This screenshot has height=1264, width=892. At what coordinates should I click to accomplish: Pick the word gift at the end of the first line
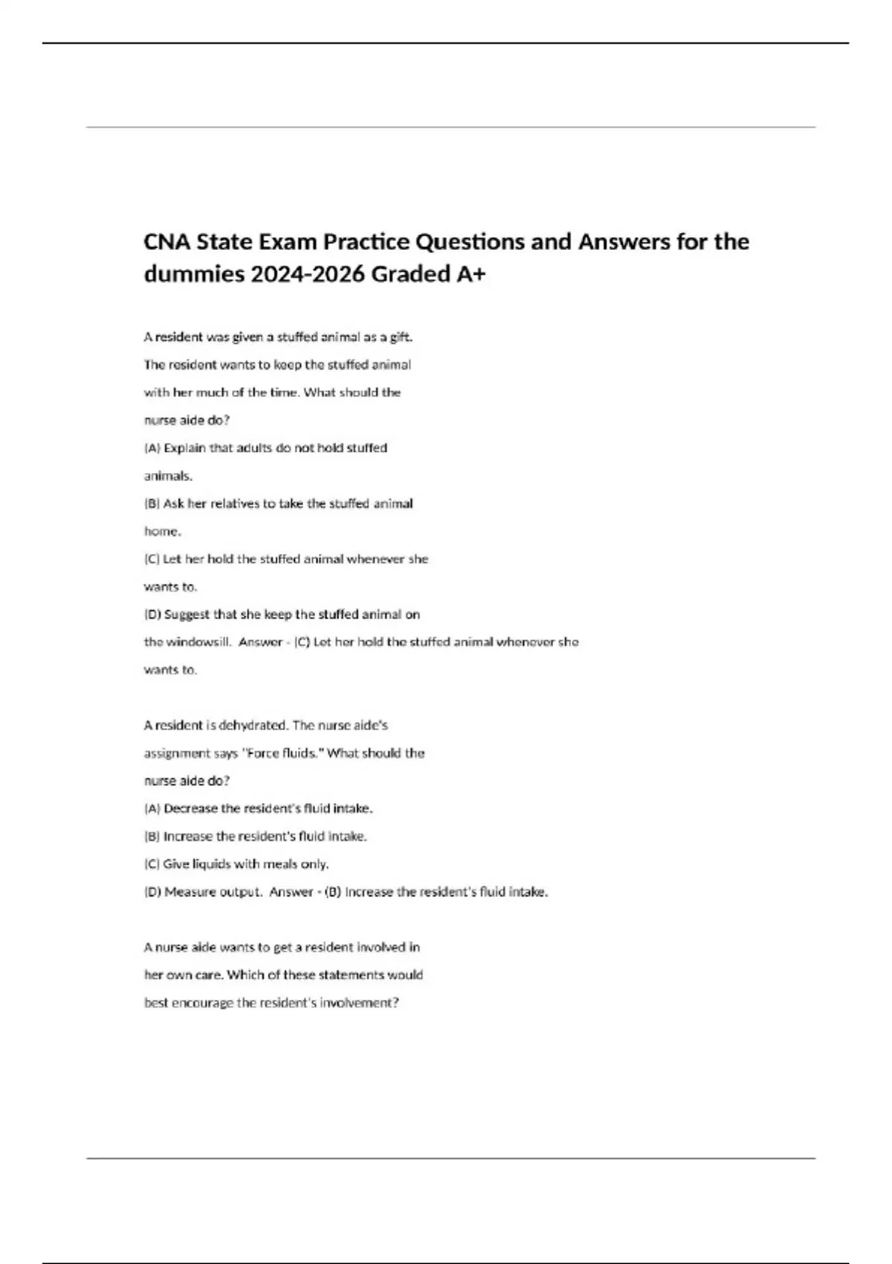coord(401,337)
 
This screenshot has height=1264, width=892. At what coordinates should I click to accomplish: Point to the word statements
coord(350,975)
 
